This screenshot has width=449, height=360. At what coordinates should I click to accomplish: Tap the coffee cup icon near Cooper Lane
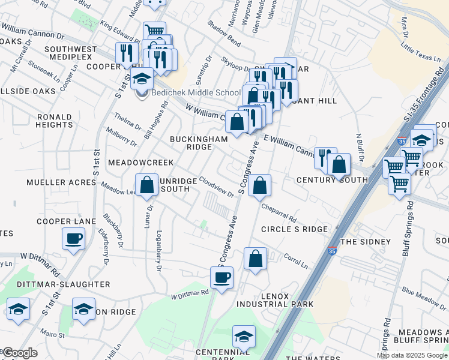point(74,239)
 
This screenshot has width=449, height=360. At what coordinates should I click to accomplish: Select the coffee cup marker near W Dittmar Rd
point(221,277)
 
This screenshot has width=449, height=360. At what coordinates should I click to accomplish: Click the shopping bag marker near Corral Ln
point(255,259)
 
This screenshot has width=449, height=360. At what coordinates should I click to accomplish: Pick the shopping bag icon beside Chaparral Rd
point(259,185)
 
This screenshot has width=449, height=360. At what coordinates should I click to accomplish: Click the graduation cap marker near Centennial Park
point(244,337)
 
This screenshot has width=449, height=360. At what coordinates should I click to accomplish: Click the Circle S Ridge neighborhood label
point(295,229)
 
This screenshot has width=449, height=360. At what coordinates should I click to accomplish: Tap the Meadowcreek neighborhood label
point(140,163)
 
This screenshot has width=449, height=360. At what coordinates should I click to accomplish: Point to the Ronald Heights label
point(54,121)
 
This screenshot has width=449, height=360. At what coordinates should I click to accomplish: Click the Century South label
point(332,180)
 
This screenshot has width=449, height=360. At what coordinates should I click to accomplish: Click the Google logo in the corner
point(20,353)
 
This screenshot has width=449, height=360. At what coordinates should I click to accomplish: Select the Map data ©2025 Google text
point(412,355)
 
